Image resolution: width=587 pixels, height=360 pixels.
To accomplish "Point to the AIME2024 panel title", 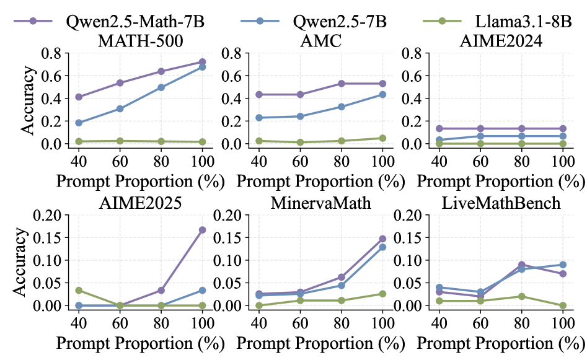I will coord(500,42).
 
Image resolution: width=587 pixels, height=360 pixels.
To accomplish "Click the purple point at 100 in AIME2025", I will coord(202,230).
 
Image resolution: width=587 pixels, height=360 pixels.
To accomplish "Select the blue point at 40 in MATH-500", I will coord(79,123).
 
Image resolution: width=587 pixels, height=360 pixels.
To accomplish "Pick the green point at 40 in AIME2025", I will coord(79,290).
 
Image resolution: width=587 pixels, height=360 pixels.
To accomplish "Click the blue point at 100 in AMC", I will coord(382,94).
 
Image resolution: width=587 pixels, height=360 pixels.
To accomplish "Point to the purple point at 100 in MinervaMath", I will coord(382,239).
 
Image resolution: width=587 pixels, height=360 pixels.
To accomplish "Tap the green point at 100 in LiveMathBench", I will coord(563,305).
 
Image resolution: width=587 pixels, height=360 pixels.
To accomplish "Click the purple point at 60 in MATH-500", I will coord(120,82).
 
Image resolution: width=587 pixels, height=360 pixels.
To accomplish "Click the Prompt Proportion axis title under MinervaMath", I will coord(319,342).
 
